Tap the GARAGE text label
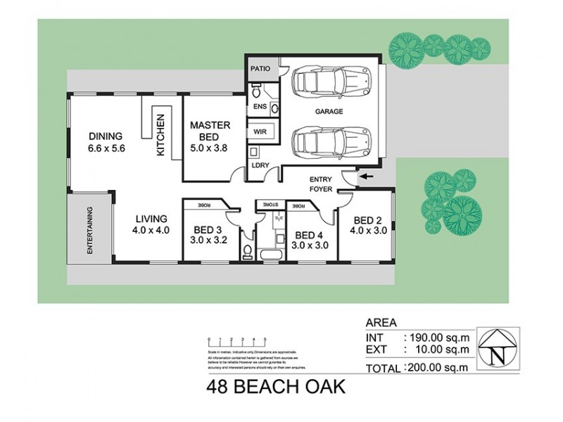point(329,112)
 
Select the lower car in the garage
point(327,141)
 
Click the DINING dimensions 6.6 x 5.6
point(106,148)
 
